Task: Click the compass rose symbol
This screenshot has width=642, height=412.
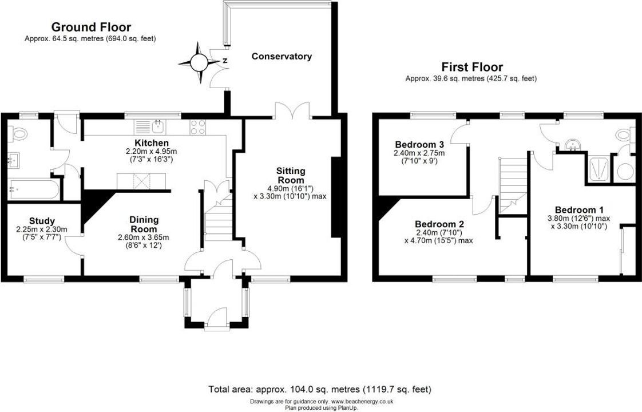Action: [x=199, y=63]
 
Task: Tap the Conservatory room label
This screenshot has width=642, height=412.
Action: [x=282, y=56]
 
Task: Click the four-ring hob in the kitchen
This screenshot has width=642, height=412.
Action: [x=198, y=127]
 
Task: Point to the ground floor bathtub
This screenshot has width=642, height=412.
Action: [x=34, y=189]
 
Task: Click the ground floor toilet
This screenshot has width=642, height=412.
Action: [x=18, y=133]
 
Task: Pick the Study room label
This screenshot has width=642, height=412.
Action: [x=42, y=221]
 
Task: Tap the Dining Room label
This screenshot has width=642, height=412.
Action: [x=144, y=224]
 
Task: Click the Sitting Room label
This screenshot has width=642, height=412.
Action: [x=291, y=175]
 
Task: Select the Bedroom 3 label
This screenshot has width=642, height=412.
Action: [x=419, y=145]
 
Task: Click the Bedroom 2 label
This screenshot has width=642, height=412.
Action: [x=439, y=224]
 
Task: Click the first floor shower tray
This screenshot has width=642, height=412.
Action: [x=599, y=169]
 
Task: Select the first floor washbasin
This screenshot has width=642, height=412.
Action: [x=572, y=145]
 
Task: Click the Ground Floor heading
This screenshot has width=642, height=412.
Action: [x=91, y=27]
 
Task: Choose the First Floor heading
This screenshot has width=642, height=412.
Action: [x=472, y=67]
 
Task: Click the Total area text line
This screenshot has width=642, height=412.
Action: [x=320, y=389]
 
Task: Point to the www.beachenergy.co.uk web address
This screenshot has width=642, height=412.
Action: [x=362, y=402]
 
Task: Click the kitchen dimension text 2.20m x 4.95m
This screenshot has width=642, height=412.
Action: [x=152, y=151]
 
